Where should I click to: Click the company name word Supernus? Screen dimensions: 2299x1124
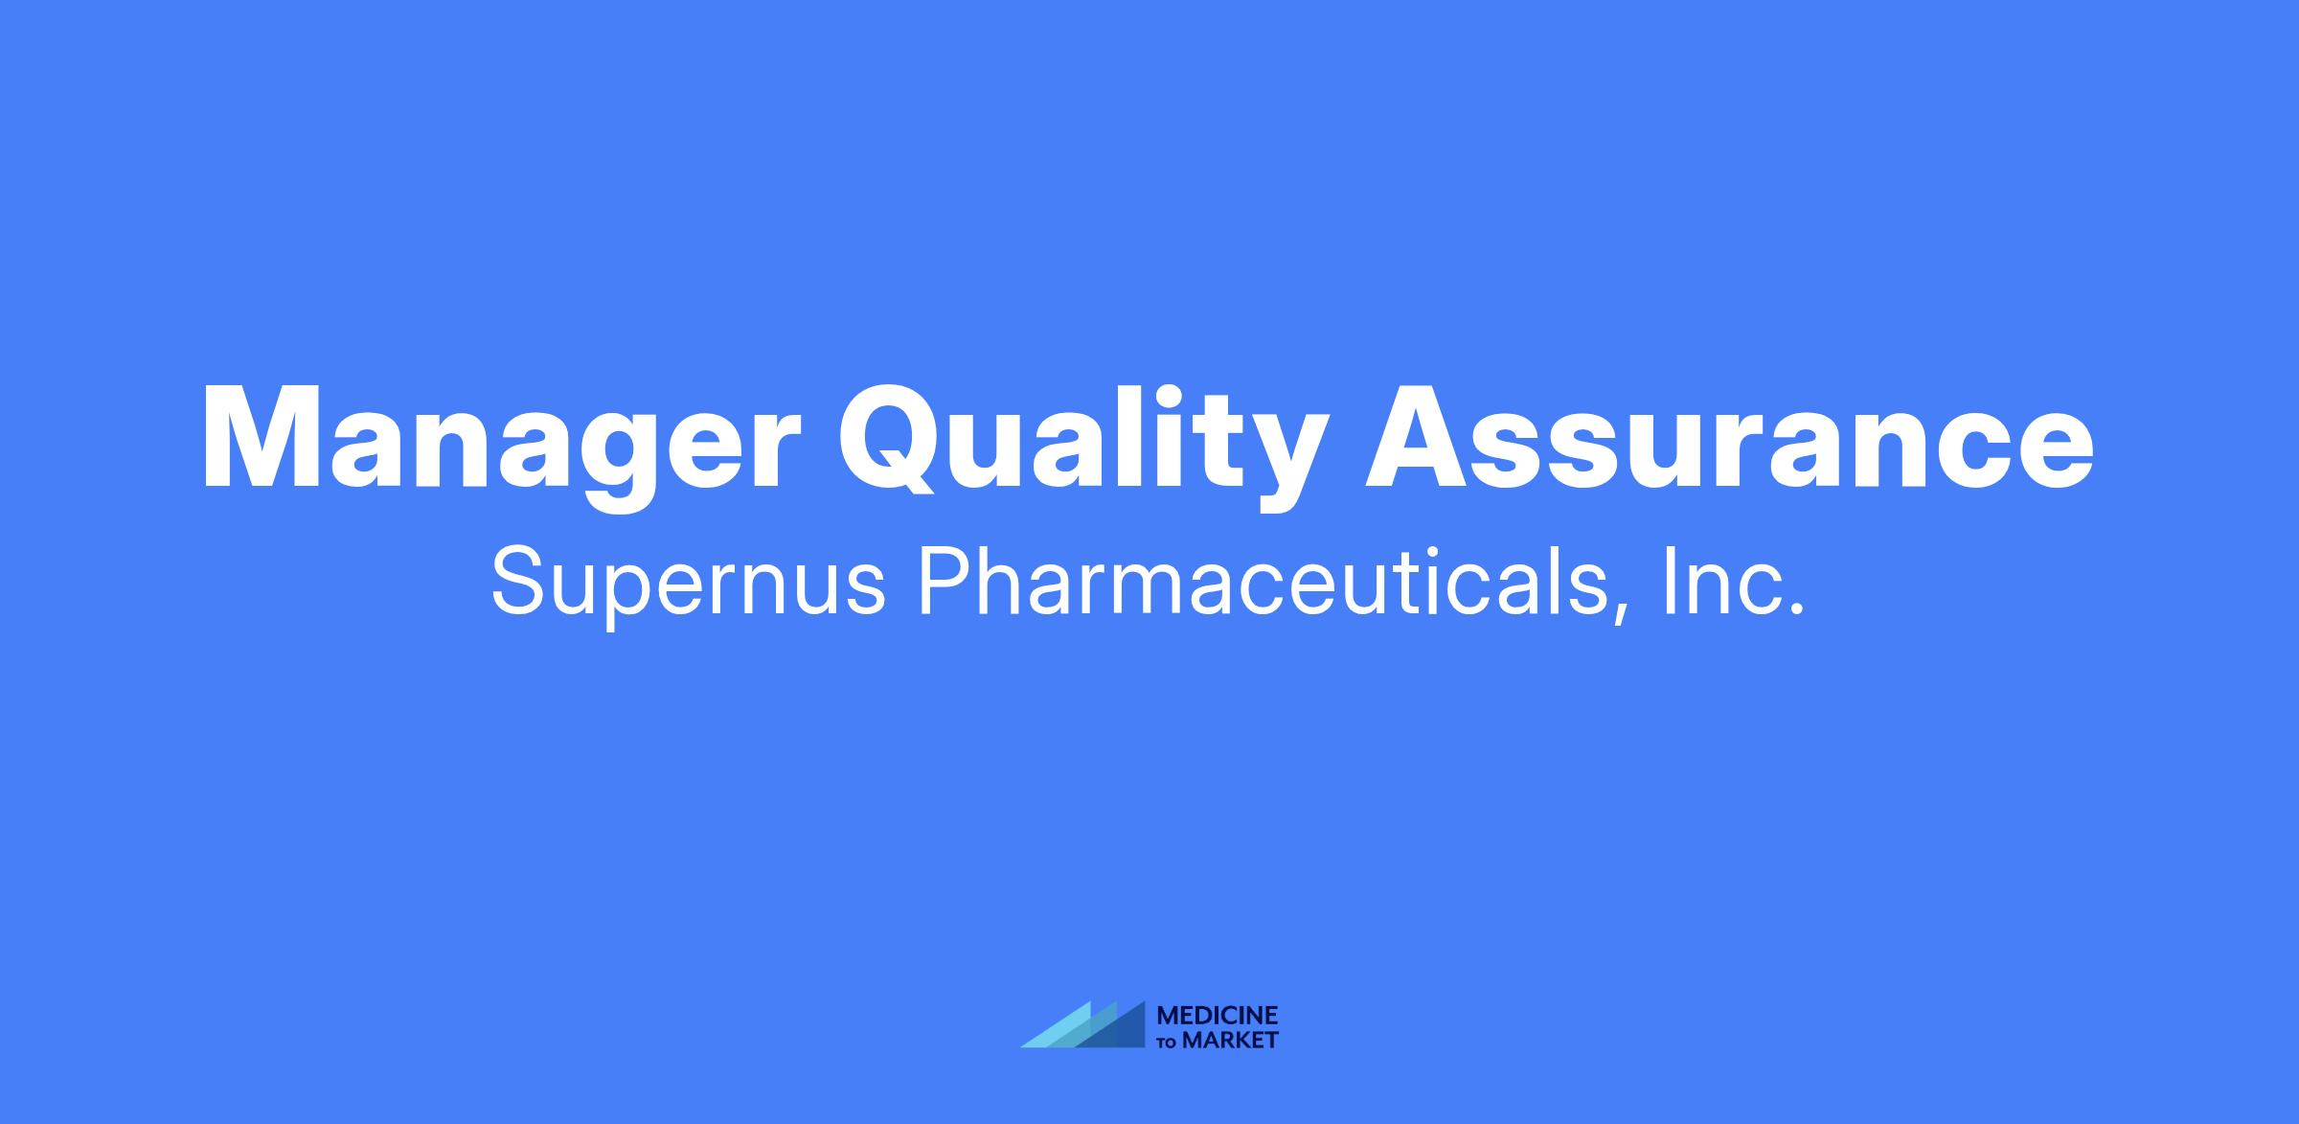688,584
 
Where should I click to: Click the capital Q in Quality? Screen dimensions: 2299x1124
896,440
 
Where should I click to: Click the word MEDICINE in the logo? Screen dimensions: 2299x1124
1218,1016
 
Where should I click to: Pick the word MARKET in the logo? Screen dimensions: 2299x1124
1230,1040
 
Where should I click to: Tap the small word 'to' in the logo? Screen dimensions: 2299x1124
1168,1042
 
